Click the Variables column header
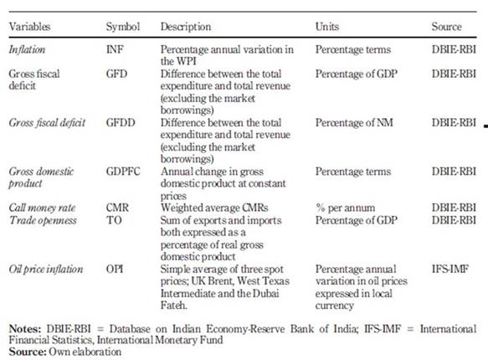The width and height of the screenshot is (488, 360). pos(29,27)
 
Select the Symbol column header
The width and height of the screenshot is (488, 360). pos(123,27)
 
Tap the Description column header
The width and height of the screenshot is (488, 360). pos(186,27)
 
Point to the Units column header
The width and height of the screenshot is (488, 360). pos(327,27)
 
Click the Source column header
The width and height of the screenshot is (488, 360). pos(446,27)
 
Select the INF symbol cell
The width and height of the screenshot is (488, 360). pos(115,49)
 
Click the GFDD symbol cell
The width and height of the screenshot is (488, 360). pos(121,122)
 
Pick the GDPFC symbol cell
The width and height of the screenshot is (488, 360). pos(123,172)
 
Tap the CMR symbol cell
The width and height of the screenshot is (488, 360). pos(117,208)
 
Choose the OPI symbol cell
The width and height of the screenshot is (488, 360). pos(115,269)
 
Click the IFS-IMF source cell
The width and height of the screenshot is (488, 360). pos(450,269)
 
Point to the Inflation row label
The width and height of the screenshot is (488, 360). pos(27,49)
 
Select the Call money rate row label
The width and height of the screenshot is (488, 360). pos(42,208)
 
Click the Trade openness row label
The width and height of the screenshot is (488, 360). pos(43,220)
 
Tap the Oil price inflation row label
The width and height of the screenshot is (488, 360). pos(46,269)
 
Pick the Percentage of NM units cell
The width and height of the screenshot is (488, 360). pos(354,123)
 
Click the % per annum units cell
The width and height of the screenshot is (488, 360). pos(345,208)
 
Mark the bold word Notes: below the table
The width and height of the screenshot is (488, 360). pos(25,328)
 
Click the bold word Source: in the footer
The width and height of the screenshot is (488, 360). pos(28,352)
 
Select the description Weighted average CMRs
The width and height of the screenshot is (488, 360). pos(214,208)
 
